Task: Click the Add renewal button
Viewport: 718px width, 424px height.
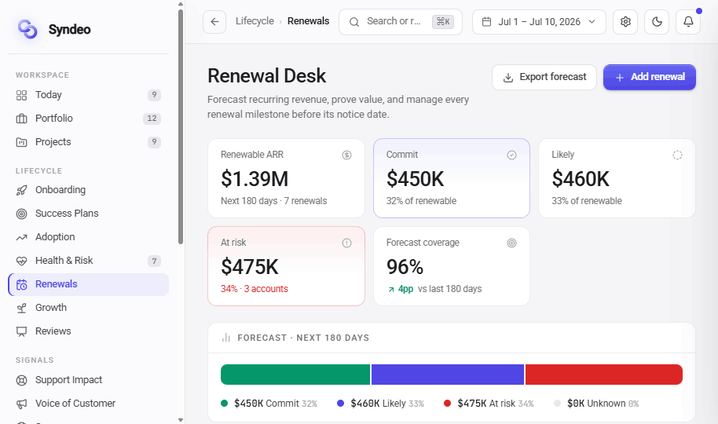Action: [650, 77]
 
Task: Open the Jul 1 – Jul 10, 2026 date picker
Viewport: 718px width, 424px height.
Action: [539, 21]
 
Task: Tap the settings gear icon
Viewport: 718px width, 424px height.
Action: [625, 21]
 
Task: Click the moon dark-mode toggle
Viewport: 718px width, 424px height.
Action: [657, 21]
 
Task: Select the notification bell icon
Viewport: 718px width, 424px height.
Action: [688, 21]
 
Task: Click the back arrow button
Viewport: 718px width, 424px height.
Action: [214, 21]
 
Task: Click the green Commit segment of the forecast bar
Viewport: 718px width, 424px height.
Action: [295, 375]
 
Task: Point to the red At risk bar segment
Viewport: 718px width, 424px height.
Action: [604, 375]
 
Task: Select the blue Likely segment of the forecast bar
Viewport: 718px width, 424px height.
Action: [448, 375]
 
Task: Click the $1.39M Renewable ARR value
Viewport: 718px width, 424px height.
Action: [255, 178]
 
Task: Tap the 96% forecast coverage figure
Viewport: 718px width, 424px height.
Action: [405, 266]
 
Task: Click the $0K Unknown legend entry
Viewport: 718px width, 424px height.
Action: [596, 404]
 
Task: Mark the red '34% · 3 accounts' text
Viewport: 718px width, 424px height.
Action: [255, 289]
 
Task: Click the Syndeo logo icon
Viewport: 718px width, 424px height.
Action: [27, 29]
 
